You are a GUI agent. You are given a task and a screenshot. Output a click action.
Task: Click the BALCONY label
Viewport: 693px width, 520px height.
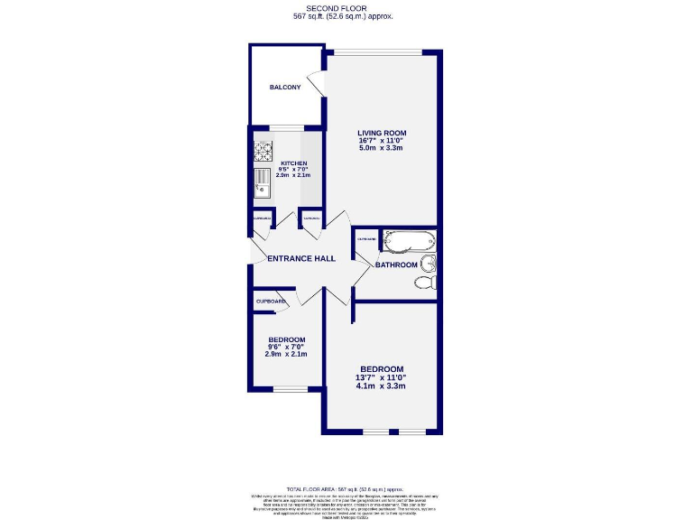pyautogui.click(x=285, y=88)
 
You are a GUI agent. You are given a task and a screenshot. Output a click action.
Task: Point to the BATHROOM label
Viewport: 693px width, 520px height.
pyautogui.click(x=396, y=265)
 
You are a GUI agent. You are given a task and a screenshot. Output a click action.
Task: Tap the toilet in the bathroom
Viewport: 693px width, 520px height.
pyautogui.click(x=425, y=283)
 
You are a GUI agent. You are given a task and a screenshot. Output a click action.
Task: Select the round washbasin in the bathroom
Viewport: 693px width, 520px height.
pyautogui.click(x=431, y=263)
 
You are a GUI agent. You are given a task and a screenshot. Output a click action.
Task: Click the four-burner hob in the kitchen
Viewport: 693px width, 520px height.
pyautogui.click(x=263, y=151)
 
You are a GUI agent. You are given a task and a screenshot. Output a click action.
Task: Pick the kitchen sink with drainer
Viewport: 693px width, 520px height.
pyautogui.click(x=262, y=182)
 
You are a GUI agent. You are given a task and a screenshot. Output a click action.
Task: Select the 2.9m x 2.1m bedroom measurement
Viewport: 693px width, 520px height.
pyautogui.click(x=286, y=354)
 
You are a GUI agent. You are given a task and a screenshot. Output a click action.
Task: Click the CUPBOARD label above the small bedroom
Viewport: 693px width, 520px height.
pyautogui.click(x=271, y=302)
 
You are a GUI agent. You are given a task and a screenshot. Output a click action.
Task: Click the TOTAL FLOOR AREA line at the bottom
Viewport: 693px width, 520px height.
pyautogui.click(x=344, y=487)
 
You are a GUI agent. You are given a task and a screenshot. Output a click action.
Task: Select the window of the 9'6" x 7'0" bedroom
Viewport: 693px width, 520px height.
pyautogui.click(x=290, y=389)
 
